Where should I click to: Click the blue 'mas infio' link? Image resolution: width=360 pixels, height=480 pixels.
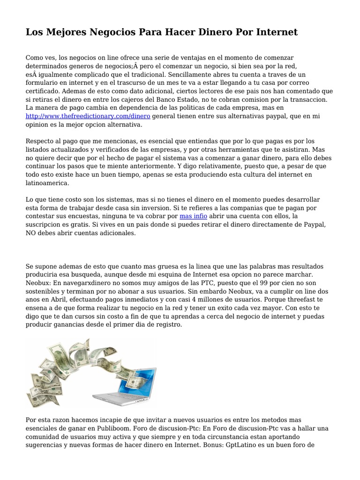(193, 216)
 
